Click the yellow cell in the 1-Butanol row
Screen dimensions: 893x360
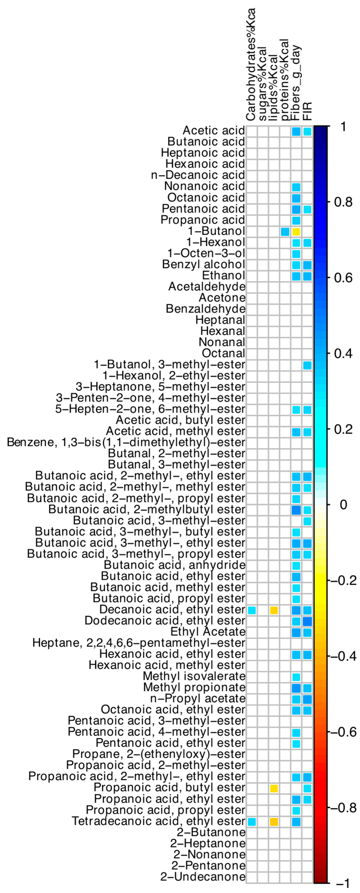coord(296,232)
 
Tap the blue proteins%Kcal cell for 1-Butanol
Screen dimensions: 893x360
coord(285,232)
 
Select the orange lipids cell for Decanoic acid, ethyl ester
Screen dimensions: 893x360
coord(274,610)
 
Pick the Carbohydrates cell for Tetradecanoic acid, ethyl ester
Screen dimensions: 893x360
coord(252,822)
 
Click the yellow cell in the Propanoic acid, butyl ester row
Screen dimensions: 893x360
coord(274,788)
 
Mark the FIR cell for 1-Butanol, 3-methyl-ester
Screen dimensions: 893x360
coord(307,365)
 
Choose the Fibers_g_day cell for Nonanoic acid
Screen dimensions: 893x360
coord(296,187)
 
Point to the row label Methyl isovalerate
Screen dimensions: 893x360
coord(194,676)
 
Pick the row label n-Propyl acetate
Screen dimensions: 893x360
coord(198,698)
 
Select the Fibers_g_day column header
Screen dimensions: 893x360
coord(296,83)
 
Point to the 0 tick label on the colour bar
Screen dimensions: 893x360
coord(343,505)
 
